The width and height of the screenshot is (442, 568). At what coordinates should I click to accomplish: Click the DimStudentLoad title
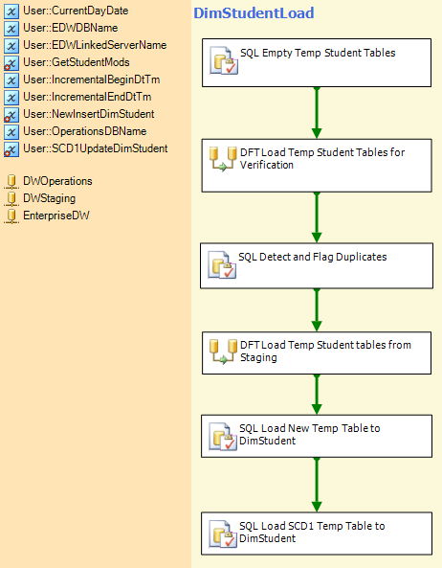click(x=254, y=13)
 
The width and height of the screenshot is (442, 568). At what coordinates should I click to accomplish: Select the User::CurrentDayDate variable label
click(x=76, y=11)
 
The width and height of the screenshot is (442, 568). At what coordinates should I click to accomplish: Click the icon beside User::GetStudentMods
click(x=11, y=63)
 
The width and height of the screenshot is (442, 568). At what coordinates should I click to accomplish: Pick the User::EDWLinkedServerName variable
click(x=95, y=45)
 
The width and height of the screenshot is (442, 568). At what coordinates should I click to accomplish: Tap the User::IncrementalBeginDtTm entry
click(x=92, y=80)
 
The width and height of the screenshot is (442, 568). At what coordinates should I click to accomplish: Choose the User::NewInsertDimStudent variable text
click(x=89, y=114)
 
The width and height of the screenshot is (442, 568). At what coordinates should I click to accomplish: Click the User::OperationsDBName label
click(x=84, y=131)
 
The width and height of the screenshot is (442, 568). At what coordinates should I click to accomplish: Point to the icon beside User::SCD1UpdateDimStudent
click(x=11, y=149)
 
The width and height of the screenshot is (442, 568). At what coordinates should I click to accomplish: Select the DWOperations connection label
click(x=57, y=181)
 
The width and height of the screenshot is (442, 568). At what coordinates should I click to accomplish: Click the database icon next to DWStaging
click(x=11, y=198)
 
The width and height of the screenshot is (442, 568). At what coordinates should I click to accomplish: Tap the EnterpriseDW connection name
click(x=56, y=216)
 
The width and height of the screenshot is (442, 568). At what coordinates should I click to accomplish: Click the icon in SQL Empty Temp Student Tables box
click(x=224, y=60)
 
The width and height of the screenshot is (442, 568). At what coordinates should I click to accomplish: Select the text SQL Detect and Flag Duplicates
click(x=312, y=257)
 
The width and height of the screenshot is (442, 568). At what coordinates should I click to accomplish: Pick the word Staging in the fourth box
click(x=258, y=357)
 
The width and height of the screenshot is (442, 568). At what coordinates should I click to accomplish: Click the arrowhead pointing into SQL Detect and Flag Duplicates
click(x=317, y=238)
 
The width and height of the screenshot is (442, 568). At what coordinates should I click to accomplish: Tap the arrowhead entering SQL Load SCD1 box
click(x=317, y=506)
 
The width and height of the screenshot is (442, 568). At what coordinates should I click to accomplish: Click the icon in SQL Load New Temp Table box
click(x=223, y=437)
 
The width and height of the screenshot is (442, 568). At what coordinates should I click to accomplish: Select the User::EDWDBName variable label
click(x=70, y=28)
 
